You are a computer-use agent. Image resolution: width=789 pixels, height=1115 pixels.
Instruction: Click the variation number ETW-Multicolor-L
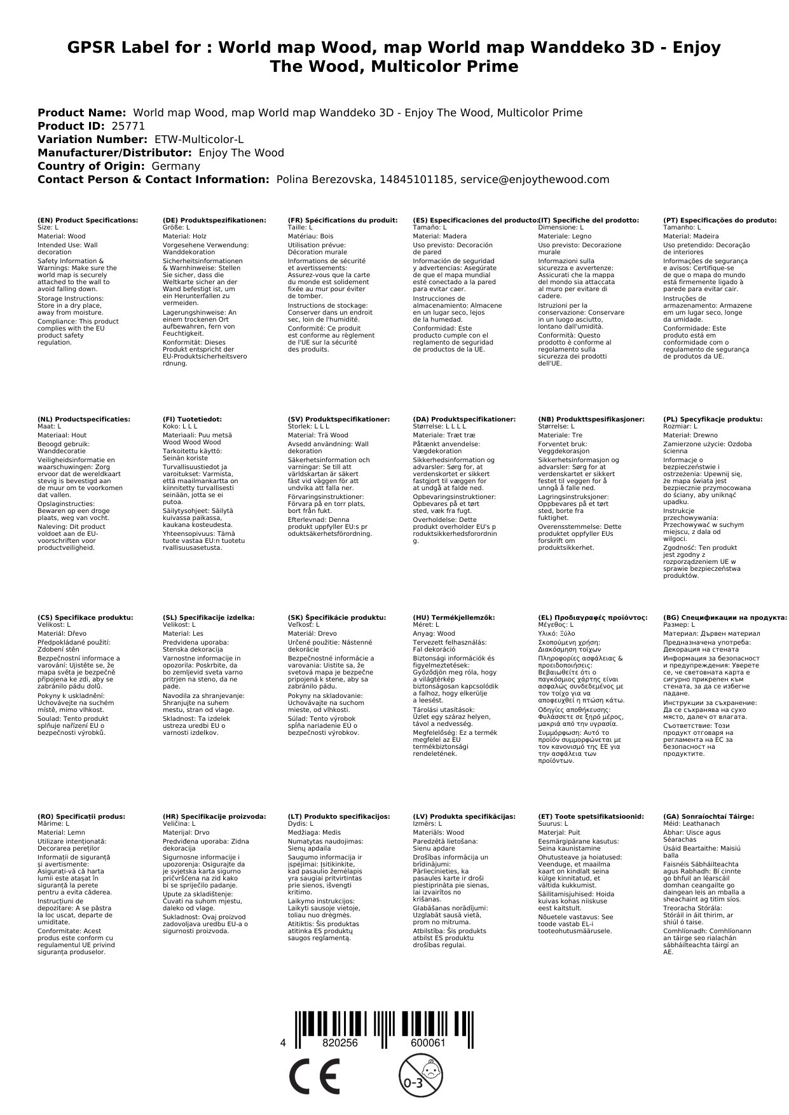coord(199,139)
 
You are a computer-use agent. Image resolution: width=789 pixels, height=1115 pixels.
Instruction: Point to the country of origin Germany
coord(175,166)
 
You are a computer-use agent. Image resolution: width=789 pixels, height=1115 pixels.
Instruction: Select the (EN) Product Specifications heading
coord(88,220)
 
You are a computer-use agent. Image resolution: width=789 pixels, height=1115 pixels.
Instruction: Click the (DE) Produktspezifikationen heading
coord(214,220)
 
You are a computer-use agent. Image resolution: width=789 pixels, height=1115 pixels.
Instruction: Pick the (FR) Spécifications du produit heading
coord(343,220)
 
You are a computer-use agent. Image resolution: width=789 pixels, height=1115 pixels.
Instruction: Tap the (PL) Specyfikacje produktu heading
coord(713,420)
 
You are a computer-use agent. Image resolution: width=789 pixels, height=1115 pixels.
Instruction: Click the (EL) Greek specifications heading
coord(593,617)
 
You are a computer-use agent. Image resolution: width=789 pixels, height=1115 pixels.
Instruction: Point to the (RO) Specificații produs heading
coord(81,816)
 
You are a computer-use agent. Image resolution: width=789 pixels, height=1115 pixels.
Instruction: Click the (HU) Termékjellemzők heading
coord(454,617)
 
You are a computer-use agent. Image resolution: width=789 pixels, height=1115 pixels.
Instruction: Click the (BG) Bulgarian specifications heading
coord(725,617)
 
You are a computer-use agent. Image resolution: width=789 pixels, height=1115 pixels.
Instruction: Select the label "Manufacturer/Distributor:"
coord(114,153)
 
